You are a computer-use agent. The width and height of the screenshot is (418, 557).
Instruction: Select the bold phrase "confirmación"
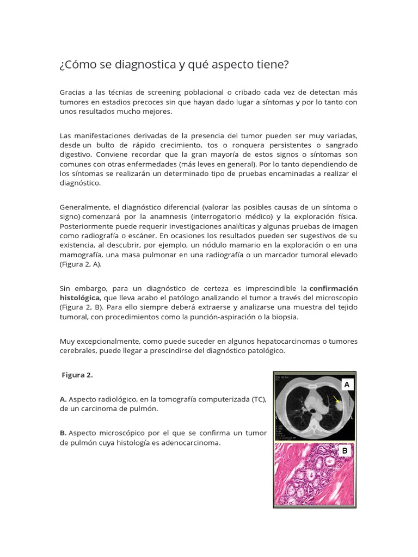[334, 288]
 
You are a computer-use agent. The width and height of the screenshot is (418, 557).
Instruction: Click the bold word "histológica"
[79, 298]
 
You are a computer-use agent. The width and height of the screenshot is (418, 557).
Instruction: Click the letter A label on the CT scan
[346, 385]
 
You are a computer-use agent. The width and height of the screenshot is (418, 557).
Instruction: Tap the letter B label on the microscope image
[345, 451]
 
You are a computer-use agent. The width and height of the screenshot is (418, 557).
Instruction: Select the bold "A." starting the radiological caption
[63, 399]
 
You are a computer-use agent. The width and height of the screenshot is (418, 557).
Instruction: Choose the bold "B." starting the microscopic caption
[63, 433]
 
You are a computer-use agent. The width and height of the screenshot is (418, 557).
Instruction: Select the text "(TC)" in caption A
[259, 399]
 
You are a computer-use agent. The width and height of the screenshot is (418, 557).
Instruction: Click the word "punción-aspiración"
[220, 317]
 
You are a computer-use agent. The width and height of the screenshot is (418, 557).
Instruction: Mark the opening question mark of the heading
[62, 65]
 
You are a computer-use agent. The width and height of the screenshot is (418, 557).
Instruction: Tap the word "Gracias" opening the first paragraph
[73, 92]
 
